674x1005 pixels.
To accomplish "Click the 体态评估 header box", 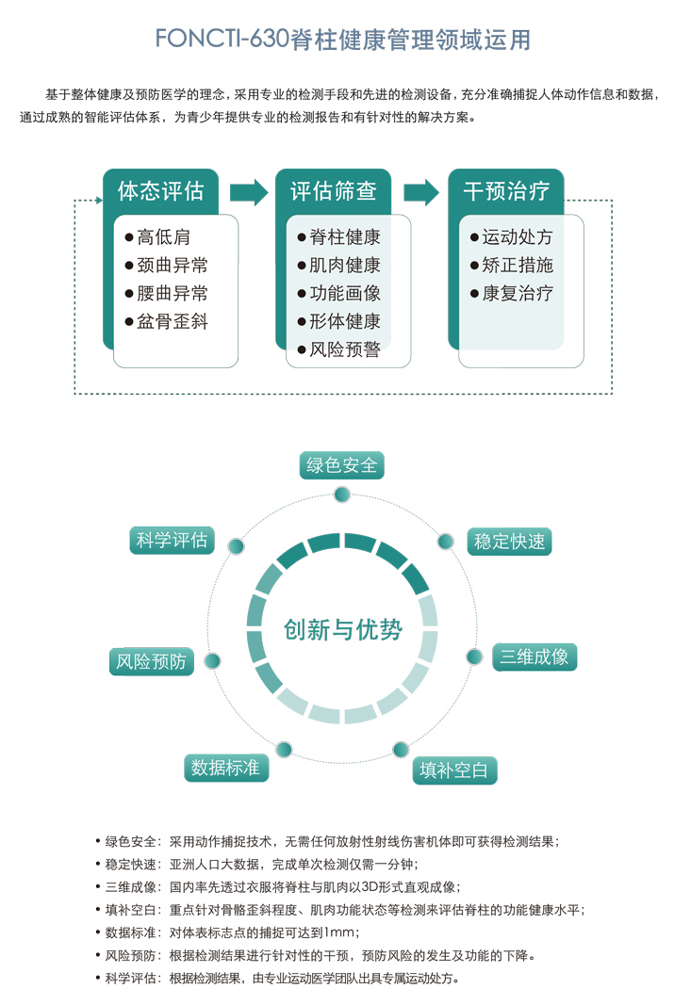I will click(160, 191).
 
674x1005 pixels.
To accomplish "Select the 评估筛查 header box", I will click(333, 191).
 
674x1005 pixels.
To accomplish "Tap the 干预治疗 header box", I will click(506, 191).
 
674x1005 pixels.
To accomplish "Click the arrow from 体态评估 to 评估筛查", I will click(248, 191).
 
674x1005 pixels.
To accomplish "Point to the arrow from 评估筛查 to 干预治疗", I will click(420, 191).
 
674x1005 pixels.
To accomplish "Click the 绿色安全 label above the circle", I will click(341, 465).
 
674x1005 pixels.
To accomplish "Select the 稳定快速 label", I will click(509, 542).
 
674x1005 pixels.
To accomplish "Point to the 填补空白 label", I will click(454, 770).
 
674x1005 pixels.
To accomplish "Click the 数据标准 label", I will click(225, 768).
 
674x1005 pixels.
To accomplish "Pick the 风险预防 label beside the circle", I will click(151, 661).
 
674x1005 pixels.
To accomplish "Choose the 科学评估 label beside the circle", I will click(172, 541).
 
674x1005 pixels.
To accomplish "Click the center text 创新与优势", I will click(342, 630).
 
